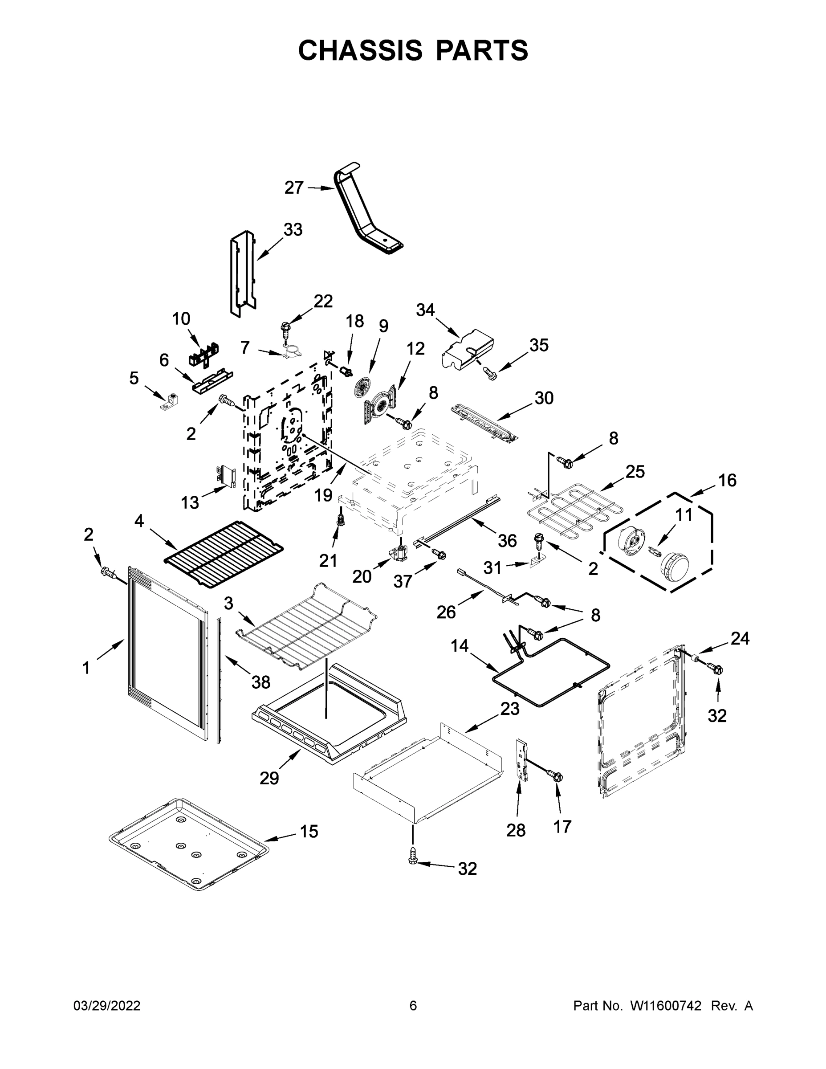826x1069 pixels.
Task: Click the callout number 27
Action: pyautogui.click(x=293, y=188)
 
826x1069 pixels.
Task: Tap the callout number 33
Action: pyautogui.click(x=293, y=229)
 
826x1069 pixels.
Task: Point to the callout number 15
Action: pyautogui.click(x=309, y=831)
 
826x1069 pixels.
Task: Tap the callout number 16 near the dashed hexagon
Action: pyautogui.click(x=727, y=480)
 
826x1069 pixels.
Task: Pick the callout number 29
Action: pyautogui.click(x=269, y=778)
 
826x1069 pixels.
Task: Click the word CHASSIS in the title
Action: pyautogui.click(x=360, y=50)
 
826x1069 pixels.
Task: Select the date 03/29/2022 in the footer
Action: pyautogui.click(x=107, y=1006)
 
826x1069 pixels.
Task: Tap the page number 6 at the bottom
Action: pyautogui.click(x=413, y=1006)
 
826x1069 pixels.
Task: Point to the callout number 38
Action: pyautogui.click(x=261, y=682)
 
